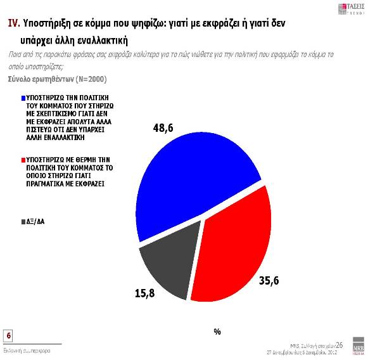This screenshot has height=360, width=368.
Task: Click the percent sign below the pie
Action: [x=217, y=331]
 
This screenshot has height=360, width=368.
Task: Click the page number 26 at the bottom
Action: [x=339, y=344]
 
